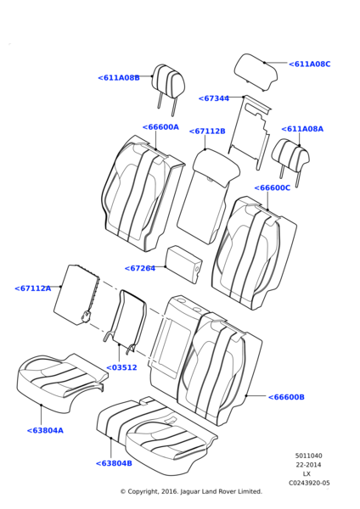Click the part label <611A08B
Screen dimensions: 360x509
point(119,78)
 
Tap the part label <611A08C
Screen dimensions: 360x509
point(310,64)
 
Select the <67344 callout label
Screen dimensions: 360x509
point(214,98)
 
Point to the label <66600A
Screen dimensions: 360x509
point(160,127)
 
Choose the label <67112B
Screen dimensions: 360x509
point(207,131)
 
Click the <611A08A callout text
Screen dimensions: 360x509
point(302,129)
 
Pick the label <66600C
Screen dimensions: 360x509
point(273,188)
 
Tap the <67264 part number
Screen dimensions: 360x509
point(140,268)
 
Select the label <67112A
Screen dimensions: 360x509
point(33,288)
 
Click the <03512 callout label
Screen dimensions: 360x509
point(122,367)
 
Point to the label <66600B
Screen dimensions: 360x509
point(286,397)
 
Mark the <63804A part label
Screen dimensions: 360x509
point(45,430)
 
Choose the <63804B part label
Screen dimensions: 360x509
point(114,463)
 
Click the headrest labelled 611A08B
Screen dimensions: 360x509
point(168,81)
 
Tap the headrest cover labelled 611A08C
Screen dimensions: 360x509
point(256,72)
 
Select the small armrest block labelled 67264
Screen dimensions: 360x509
point(184,264)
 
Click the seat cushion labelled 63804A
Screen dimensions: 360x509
point(62,383)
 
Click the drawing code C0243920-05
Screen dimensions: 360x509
point(309,483)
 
